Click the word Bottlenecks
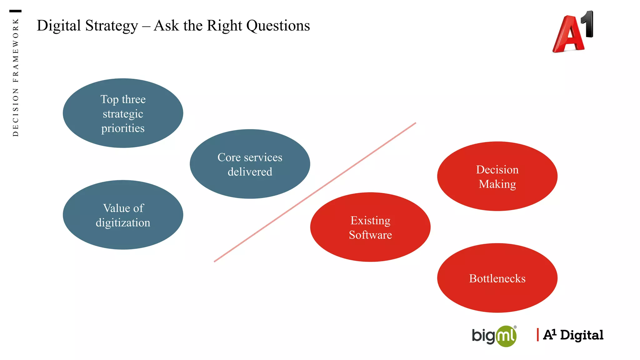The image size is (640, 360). point(497,278)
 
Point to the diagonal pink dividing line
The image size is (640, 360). point(315,192)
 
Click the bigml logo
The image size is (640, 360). point(494,336)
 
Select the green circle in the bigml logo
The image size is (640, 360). point(506,337)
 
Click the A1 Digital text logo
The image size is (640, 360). point(573,335)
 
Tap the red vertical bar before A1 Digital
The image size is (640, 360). point(537,335)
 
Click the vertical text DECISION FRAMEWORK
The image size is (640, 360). point(16,77)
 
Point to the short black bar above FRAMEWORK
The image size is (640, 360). point(15,11)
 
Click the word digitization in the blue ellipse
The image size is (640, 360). point(123,223)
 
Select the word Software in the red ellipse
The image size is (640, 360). point(370,235)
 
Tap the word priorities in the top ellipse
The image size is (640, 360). point(123,128)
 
